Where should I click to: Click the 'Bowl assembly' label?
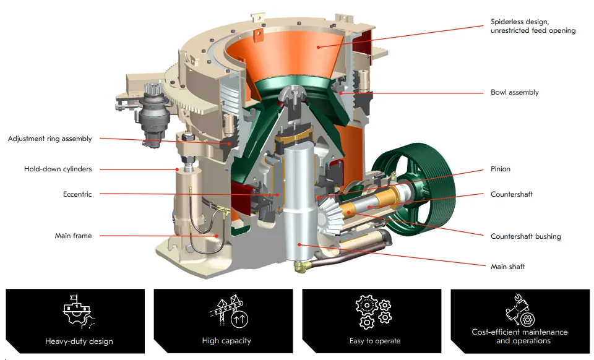click(x=514, y=93)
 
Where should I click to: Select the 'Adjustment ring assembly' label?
click(x=49, y=139)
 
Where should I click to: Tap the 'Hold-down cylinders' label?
click(x=58, y=169)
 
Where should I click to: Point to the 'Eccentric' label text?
click(x=77, y=194)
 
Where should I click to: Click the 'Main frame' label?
click(x=73, y=236)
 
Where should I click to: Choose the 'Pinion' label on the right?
click(x=501, y=169)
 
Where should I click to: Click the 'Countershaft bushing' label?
click(x=525, y=236)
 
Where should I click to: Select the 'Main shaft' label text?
click(x=507, y=267)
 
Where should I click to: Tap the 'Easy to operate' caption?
click(x=374, y=341)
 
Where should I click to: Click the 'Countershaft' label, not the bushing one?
click(x=511, y=194)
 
